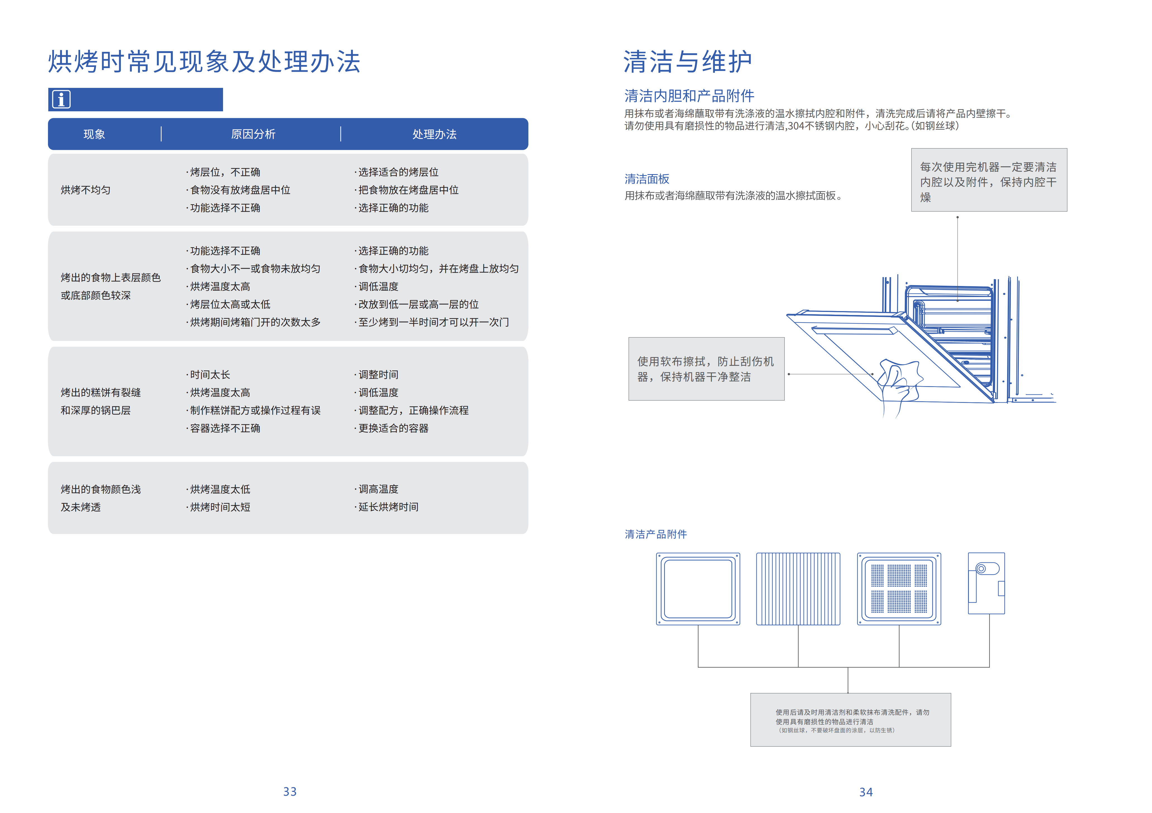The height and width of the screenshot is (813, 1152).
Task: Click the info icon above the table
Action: tap(61, 99)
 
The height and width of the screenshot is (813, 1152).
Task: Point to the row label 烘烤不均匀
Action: tap(85, 190)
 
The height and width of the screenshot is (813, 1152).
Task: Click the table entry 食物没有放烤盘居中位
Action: tap(240, 190)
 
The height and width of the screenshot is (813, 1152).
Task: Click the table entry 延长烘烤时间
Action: tap(388, 507)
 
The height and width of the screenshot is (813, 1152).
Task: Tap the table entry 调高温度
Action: tap(378, 489)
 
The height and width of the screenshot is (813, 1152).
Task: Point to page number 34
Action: tap(866, 792)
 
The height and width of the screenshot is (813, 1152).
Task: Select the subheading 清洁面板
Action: tap(647, 179)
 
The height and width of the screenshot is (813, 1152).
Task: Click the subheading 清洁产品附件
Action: tap(655, 534)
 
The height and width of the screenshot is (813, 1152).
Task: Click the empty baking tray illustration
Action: tap(698, 589)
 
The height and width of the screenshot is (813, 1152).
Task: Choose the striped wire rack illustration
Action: tap(798, 589)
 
